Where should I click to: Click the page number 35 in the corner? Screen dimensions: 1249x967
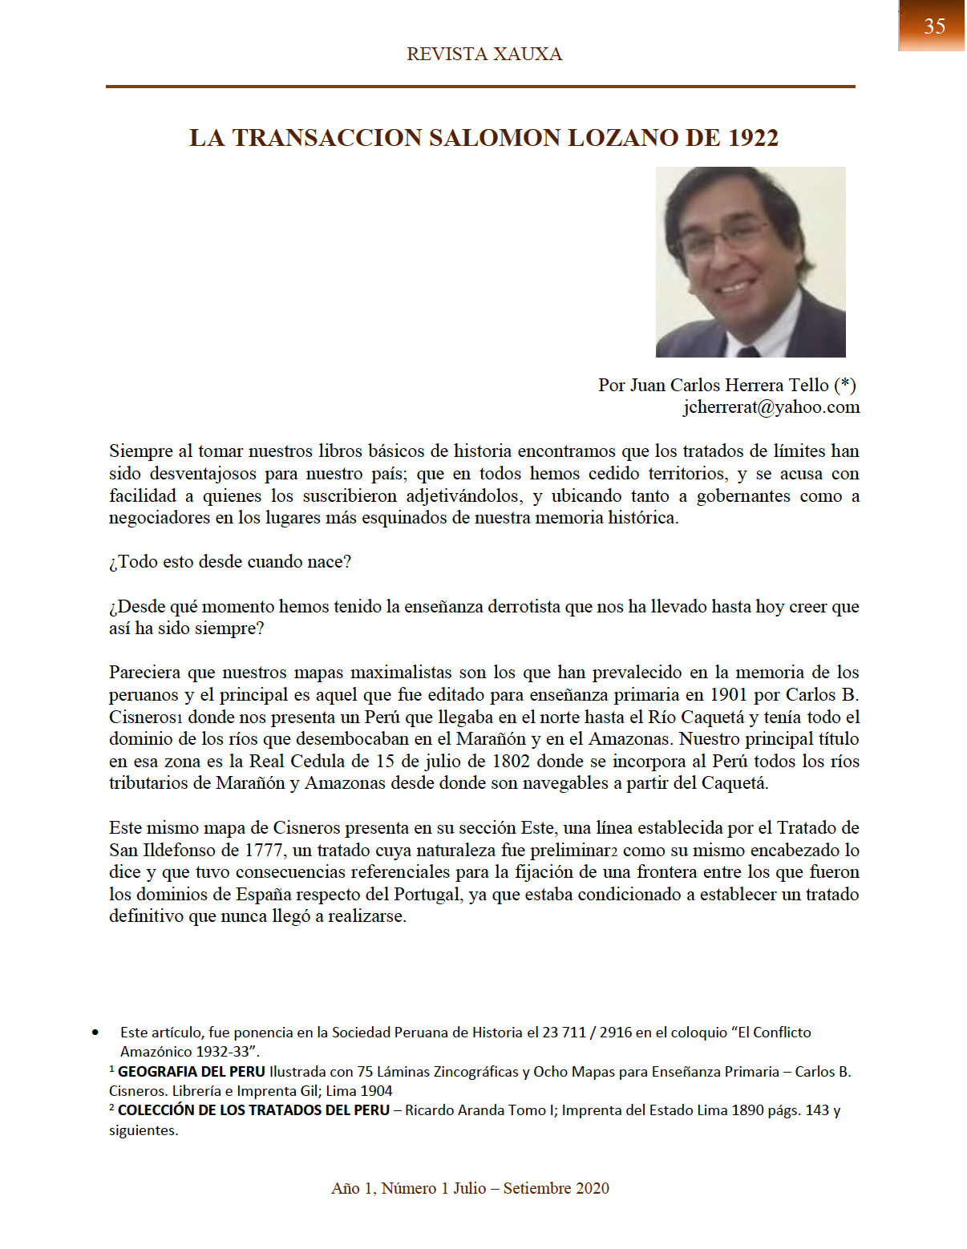point(934,26)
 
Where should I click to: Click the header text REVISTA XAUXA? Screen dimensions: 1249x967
point(484,55)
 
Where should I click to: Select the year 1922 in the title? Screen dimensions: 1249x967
point(753,138)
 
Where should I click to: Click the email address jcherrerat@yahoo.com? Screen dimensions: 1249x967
point(771,407)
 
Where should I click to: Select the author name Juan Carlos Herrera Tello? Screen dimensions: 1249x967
point(729,386)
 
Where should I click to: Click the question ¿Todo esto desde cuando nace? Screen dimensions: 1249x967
point(230,562)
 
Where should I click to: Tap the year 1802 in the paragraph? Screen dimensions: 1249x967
point(511,762)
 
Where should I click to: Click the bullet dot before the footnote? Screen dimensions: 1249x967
point(95,1033)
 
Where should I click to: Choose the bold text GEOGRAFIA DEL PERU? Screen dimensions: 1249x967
point(191,1072)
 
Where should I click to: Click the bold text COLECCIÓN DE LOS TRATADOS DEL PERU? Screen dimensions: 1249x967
point(253,1111)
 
